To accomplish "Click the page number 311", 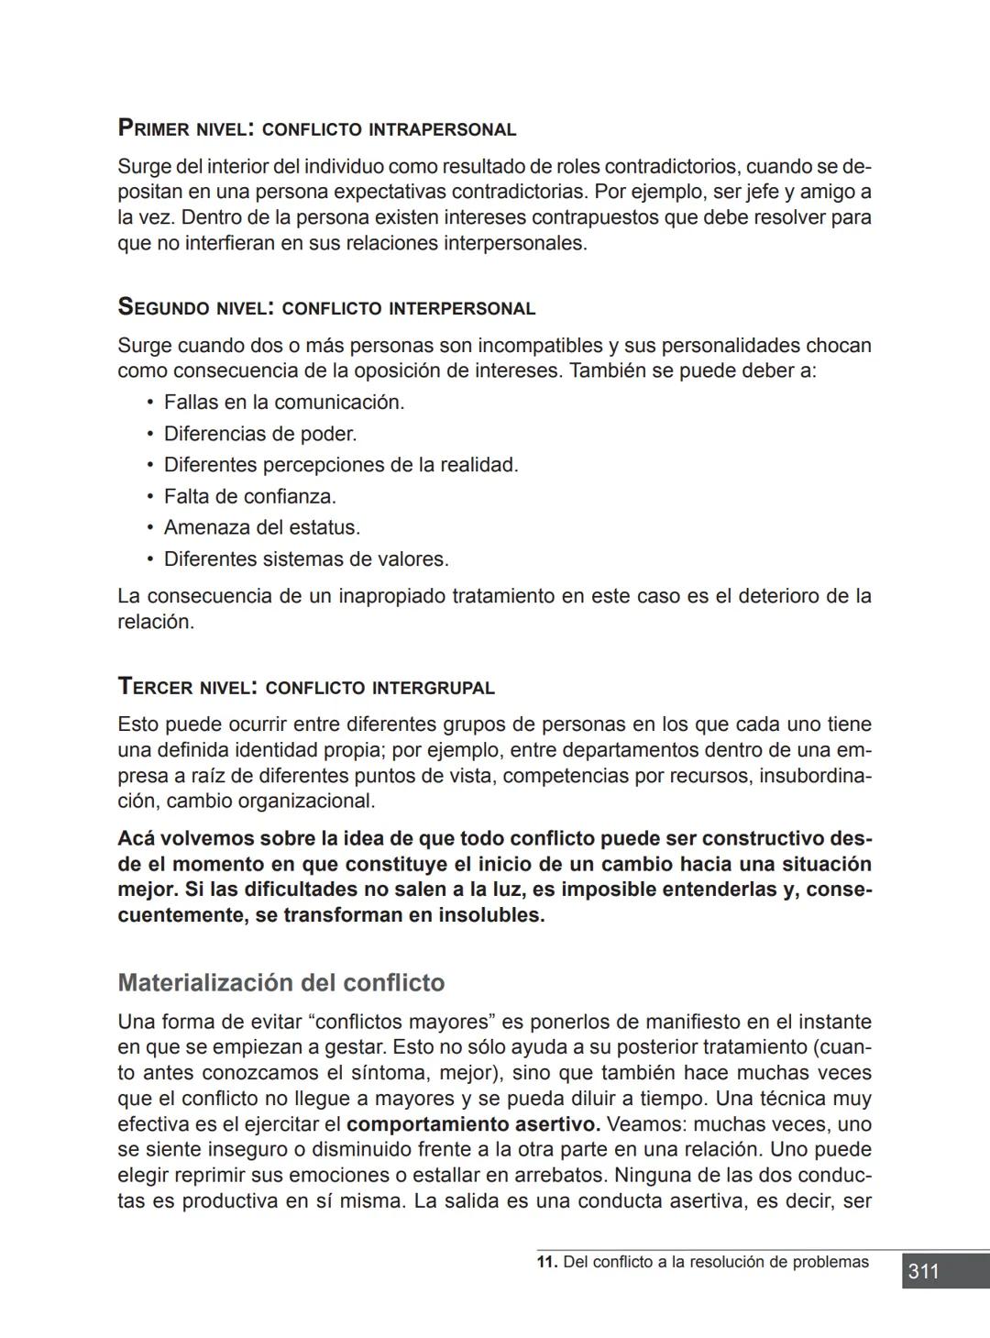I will [x=923, y=1271].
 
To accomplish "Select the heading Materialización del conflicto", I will [x=280, y=983].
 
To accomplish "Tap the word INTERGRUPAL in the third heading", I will [x=434, y=688].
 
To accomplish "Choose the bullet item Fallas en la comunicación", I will [x=283, y=403].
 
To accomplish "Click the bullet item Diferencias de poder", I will [x=259, y=434].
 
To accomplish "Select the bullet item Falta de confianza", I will [x=249, y=496].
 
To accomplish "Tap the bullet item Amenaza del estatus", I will [x=261, y=527].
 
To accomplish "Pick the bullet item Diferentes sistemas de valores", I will [x=305, y=558].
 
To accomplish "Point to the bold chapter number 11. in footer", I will [x=547, y=1262].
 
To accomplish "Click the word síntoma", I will [x=394, y=1073].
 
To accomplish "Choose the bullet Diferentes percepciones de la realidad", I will [x=340, y=465].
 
